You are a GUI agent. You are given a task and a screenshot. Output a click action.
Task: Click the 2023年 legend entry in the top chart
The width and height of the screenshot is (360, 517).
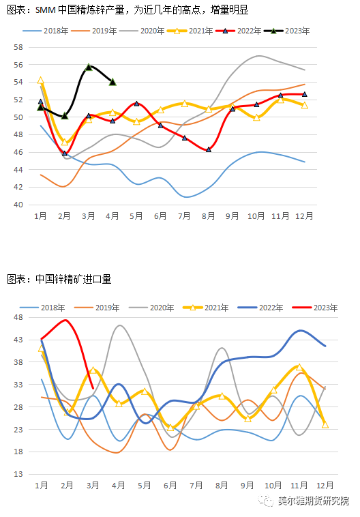point(287,31)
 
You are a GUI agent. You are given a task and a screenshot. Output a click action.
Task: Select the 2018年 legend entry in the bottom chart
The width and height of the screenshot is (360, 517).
point(42,308)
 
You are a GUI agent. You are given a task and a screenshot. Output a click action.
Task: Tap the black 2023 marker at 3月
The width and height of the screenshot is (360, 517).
point(89,68)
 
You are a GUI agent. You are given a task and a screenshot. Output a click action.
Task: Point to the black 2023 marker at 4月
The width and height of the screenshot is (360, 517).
point(112,82)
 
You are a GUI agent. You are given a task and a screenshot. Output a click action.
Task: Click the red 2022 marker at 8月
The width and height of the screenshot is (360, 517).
point(209,149)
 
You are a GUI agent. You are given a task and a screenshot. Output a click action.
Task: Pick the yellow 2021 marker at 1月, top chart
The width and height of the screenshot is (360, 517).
point(40,80)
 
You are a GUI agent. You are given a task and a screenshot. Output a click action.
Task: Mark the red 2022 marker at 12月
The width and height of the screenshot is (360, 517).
point(305,94)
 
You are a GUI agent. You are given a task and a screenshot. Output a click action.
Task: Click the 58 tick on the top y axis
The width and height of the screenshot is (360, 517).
point(18,47)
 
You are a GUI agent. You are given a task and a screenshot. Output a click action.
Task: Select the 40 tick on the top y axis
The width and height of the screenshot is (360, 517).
point(18,205)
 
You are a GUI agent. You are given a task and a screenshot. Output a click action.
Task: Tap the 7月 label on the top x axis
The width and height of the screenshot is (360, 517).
point(184,216)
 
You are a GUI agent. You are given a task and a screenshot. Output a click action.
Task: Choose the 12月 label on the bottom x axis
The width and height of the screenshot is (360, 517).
point(325,486)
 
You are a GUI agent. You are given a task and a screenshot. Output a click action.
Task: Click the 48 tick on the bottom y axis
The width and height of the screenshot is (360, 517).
point(18,317)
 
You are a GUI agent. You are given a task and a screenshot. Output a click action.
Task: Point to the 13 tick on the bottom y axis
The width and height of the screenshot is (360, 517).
point(18,474)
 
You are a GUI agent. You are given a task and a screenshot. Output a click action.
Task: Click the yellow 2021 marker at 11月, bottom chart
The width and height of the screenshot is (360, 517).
point(299,367)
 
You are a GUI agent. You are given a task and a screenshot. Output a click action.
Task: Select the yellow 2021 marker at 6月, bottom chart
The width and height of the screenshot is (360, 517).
point(170,428)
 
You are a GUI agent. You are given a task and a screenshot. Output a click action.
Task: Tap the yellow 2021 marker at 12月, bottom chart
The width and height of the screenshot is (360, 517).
point(325,425)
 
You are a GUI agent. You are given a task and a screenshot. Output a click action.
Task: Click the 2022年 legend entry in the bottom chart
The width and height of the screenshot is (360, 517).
point(260,308)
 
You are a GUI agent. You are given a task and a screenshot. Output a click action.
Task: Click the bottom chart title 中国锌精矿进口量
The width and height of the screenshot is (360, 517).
point(74,279)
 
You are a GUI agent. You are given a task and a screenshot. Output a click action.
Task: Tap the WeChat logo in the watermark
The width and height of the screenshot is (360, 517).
point(266,501)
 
